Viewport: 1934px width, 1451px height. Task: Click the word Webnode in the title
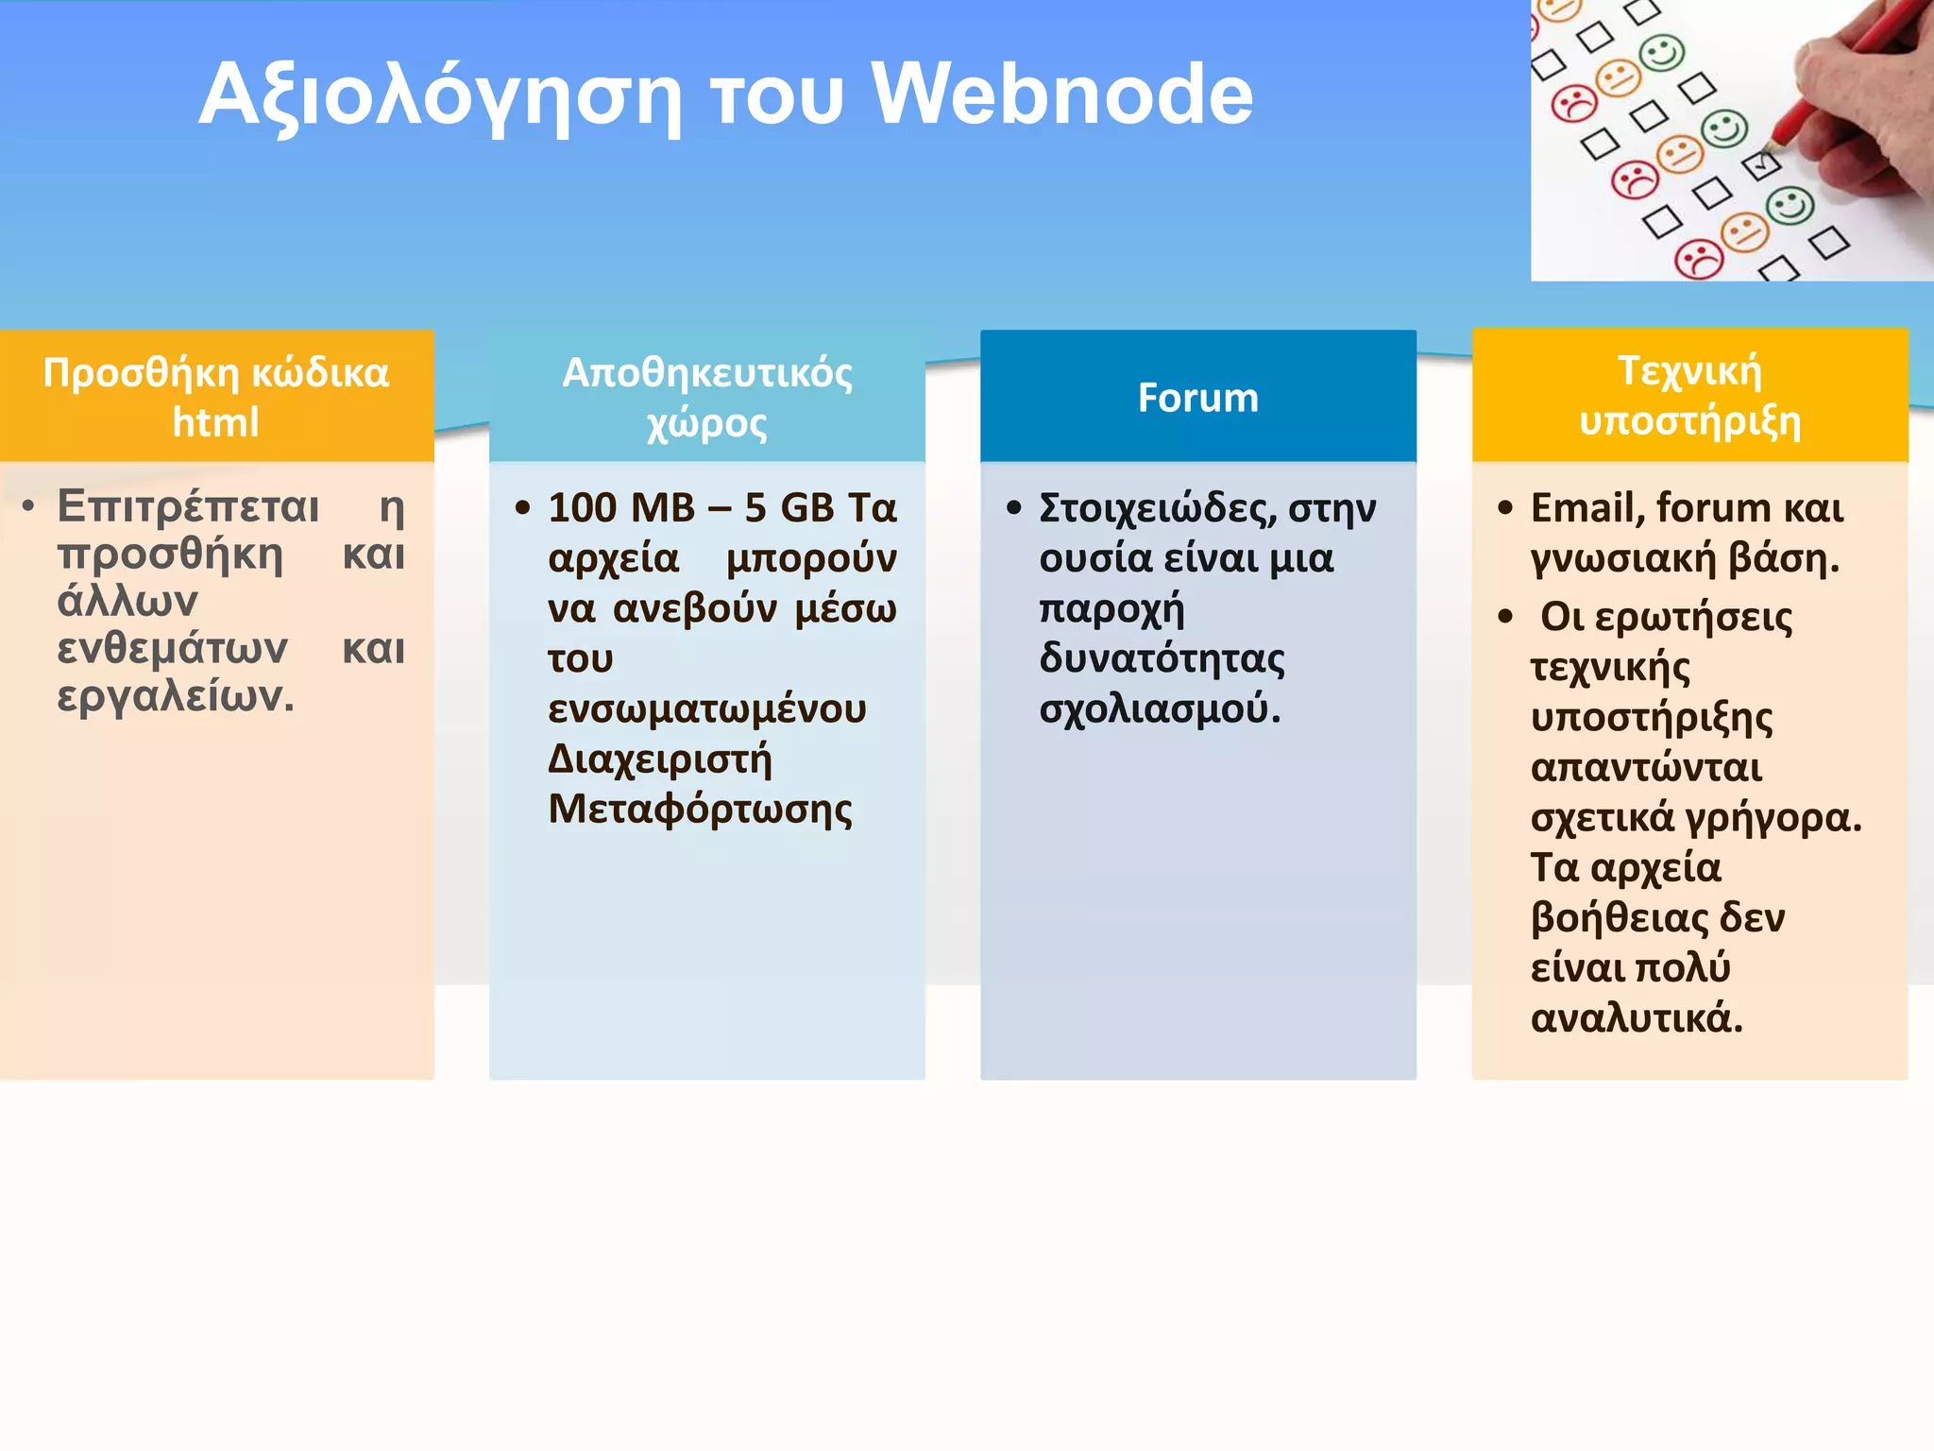1062,94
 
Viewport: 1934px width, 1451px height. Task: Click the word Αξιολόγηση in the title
439,96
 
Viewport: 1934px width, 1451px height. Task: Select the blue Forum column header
1197,398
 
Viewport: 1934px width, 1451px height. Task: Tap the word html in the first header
215,422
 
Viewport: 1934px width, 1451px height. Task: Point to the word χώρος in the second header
706,424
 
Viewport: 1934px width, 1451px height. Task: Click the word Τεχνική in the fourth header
1689,370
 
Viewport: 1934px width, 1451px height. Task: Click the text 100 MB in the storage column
621,508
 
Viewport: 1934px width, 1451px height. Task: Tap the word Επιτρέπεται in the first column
188,506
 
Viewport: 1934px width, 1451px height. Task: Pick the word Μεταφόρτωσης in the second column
700,811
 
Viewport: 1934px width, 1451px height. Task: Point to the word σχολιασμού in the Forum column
1158,708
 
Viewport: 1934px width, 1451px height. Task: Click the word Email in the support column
1586,508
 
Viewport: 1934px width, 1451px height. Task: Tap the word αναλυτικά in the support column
1635,1018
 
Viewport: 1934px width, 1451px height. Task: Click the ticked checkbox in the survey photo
1761,165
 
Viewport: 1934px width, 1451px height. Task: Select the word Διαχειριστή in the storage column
659,760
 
